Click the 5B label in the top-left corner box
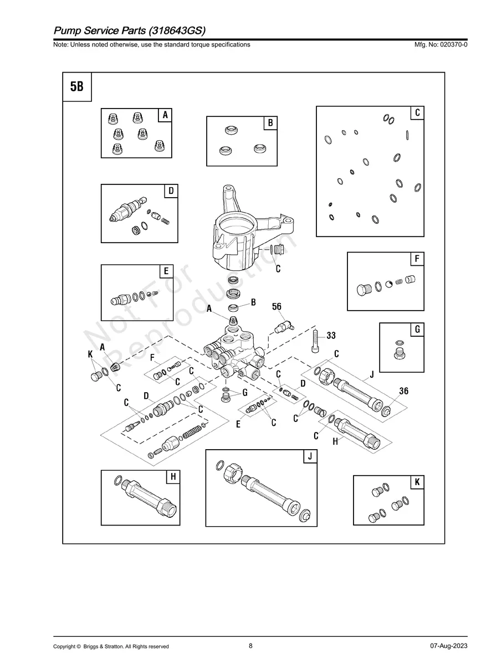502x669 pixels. coord(76,87)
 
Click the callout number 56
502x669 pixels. coord(276,306)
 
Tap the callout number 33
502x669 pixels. coord(331,336)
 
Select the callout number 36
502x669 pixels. coord(403,391)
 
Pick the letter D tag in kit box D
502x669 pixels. coord(171,191)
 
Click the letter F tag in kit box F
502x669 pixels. coord(417,259)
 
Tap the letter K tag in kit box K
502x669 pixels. coord(417,482)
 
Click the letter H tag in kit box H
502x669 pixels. coord(173,476)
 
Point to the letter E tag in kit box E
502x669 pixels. coord(165,271)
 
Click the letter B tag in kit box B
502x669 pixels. coord(270,123)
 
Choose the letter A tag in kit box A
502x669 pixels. coord(165,115)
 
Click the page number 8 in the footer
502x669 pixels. coord(250,646)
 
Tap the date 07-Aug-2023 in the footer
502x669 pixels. coord(448,646)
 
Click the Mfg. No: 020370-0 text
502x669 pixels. coord(437,44)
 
